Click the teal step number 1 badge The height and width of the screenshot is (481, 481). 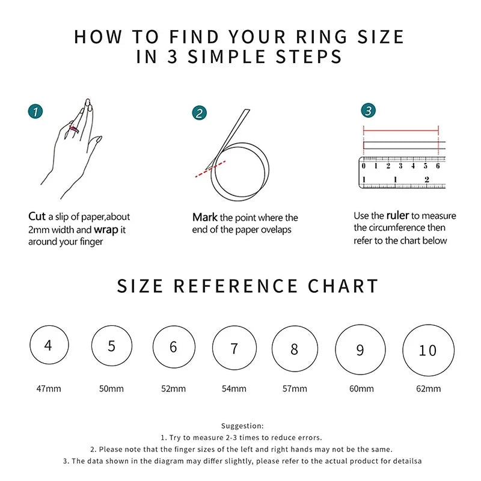[x=36, y=111]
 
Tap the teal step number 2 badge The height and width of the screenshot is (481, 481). [x=200, y=113]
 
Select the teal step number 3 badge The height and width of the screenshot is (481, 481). [x=369, y=111]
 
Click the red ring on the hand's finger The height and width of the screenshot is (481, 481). [x=74, y=129]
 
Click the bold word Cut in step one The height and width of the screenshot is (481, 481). [x=37, y=216]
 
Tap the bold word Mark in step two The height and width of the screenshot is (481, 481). [x=205, y=217]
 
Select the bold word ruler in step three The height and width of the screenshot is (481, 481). [x=397, y=215]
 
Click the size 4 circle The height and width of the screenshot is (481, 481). [x=48, y=346]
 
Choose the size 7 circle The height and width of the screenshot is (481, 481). [x=234, y=348]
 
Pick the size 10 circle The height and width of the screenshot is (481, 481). [x=427, y=350]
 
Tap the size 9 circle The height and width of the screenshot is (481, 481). [x=360, y=349]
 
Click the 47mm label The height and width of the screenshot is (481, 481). [x=49, y=388]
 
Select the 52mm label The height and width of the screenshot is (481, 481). [x=173, y=388]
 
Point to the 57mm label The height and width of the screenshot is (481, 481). [x=295, y=388]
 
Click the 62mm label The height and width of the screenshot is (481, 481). [x=428, y=388]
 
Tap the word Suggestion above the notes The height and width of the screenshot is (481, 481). [x=242, y=426]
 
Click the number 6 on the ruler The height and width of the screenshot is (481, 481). [x=438, y=166]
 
